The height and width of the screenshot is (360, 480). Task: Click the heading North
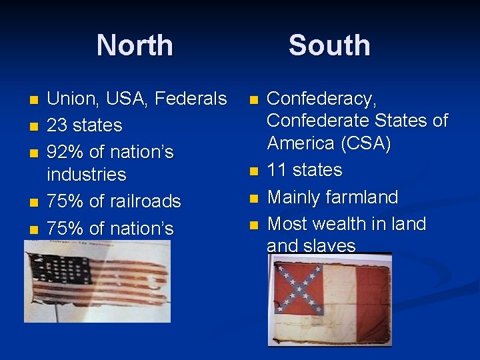coord(135,45)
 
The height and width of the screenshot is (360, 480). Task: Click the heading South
coord(329,45)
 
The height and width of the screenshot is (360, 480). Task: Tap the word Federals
coord(191,99)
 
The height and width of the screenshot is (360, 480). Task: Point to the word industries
coord(87,175)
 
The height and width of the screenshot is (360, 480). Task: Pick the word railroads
coord(145,201)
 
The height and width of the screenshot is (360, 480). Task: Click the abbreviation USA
coord(125,99)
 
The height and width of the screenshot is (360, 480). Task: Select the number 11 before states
coord(277,170)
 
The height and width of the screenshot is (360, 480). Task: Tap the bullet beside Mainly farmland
coord(253,198)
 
